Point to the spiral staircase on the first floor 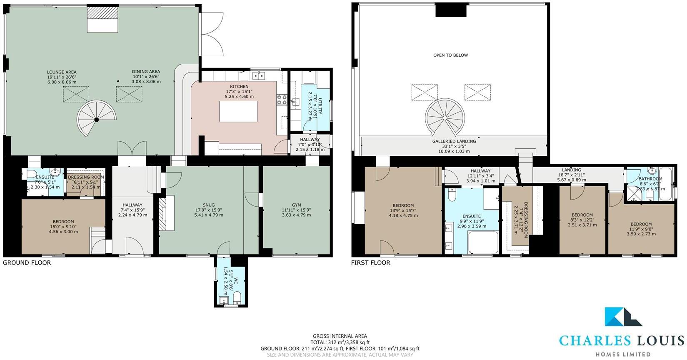pos(445,117)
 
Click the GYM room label pos(296,205)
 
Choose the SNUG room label pos(208,205)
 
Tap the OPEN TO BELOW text pos(450,55)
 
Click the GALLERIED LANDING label pos(454,141)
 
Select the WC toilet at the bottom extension pos(236,297)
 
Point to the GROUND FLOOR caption pos(27,262)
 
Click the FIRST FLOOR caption pos(370,262)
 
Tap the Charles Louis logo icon pos(623,317)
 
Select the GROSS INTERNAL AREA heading pos(340,336)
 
